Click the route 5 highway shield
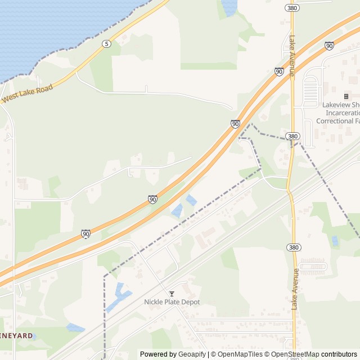point(106,44)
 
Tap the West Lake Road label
point(27,93)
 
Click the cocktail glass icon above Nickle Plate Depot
point(172,294)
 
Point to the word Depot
point(190,302)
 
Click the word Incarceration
point(338,112)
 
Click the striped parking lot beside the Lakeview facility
point(310,91)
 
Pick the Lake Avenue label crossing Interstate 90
point(292,56)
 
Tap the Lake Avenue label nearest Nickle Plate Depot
point(295,289)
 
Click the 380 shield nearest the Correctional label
point(292,136)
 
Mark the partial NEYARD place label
point(16,335)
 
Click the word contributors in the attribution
point(339,354)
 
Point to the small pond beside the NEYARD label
point(75,327)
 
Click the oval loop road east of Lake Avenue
point(312,266)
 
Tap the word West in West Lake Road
point(10,100)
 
